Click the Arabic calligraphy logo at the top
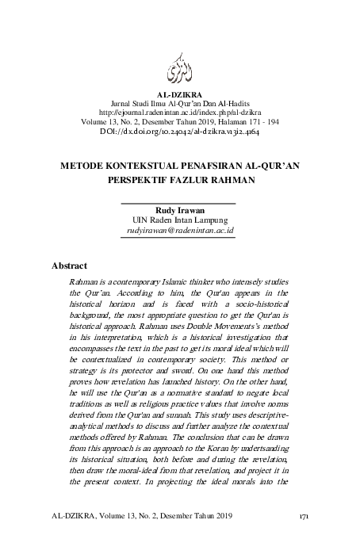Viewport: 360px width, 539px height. (180, 70)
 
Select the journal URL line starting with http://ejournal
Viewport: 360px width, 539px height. (180, 113)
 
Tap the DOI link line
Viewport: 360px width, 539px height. (180, 132)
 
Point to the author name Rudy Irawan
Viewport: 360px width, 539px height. (180, 210)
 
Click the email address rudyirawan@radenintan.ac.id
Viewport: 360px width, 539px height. (180, 230)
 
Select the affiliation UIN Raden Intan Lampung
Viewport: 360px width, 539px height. (180, 220)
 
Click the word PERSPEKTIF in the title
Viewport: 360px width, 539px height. (141, 180)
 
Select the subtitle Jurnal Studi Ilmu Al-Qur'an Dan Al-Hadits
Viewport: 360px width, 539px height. (180, 104)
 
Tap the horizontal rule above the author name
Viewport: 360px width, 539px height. (180, 203)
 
